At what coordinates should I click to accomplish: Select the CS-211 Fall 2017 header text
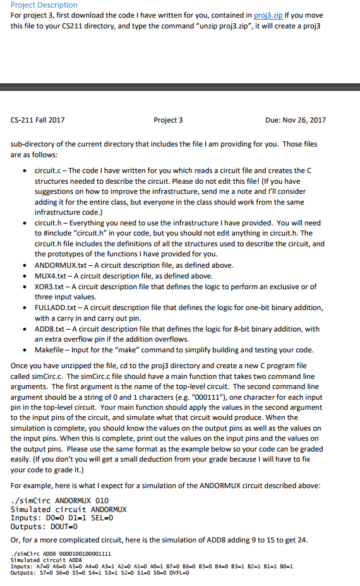pyautogui.click(x=38, y=120)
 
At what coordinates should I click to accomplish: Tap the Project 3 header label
pyautogui.click(x=168, y=120)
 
